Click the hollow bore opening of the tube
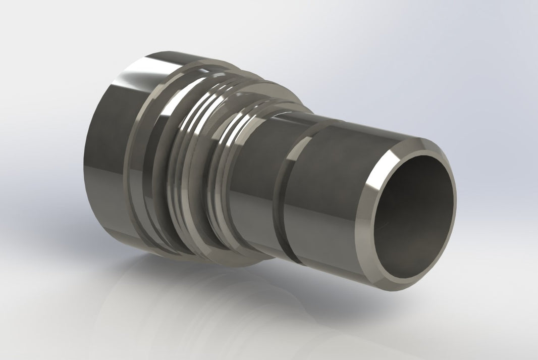(x=411, y=217)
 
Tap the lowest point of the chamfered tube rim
(x=399, y=289)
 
